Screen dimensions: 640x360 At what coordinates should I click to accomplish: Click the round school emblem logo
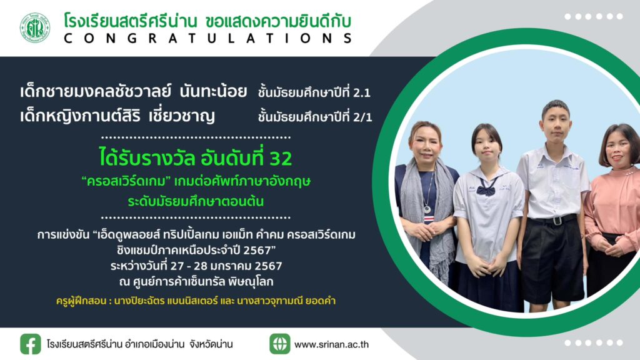(x=35, y=27)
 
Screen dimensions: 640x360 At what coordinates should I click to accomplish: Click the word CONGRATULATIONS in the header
(x=207, y=38)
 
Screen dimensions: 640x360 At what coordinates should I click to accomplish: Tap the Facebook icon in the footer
(x=31, y=344)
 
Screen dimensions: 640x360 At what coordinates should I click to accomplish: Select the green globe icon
(x=279, y=344)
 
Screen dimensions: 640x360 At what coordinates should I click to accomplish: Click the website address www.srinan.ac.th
(x=331, y=344)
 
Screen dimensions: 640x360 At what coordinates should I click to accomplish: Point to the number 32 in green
(x=281, y=158)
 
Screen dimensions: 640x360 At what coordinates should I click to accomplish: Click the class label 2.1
(x=362, y=93)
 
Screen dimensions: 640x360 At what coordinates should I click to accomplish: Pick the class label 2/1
(x=363, y=117)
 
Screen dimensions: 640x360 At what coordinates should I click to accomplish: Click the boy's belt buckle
(x=556, y=221)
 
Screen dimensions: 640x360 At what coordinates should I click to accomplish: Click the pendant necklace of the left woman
(x=427, y=209)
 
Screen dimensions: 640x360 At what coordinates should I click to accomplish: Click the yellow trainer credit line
(x=196, y=301)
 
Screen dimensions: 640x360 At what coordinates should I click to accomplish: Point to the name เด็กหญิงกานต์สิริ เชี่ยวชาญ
(x=117, y=116)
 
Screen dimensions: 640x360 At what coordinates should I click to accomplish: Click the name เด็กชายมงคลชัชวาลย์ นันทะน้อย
(x=134, y=91)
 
